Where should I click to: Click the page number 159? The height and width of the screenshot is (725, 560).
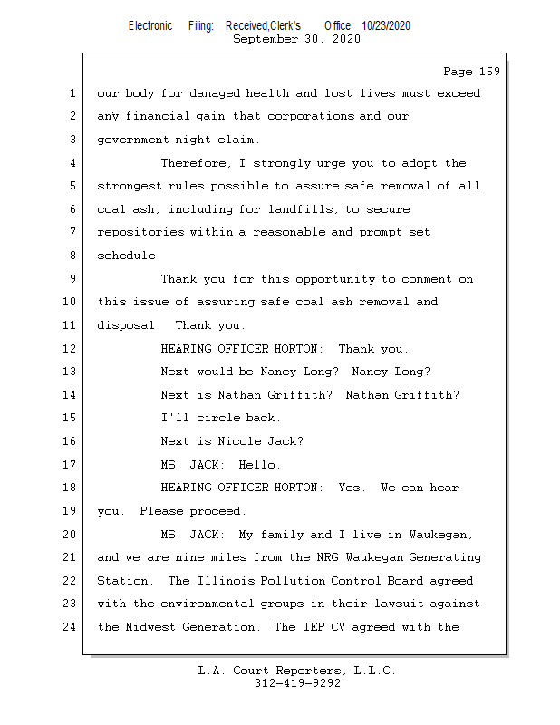click(489, 72)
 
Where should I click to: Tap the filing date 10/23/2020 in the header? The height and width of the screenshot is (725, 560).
click(386, 26)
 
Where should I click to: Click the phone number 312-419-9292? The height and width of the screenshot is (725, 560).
click(297, 683)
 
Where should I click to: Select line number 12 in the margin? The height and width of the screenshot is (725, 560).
click(70, 349)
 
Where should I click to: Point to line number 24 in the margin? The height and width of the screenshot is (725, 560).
click(70, 627)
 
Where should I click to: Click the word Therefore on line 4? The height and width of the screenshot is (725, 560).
click(194, 163)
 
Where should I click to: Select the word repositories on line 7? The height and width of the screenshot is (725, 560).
click(140, 233)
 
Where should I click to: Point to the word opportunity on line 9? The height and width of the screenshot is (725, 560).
click(335, 279)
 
